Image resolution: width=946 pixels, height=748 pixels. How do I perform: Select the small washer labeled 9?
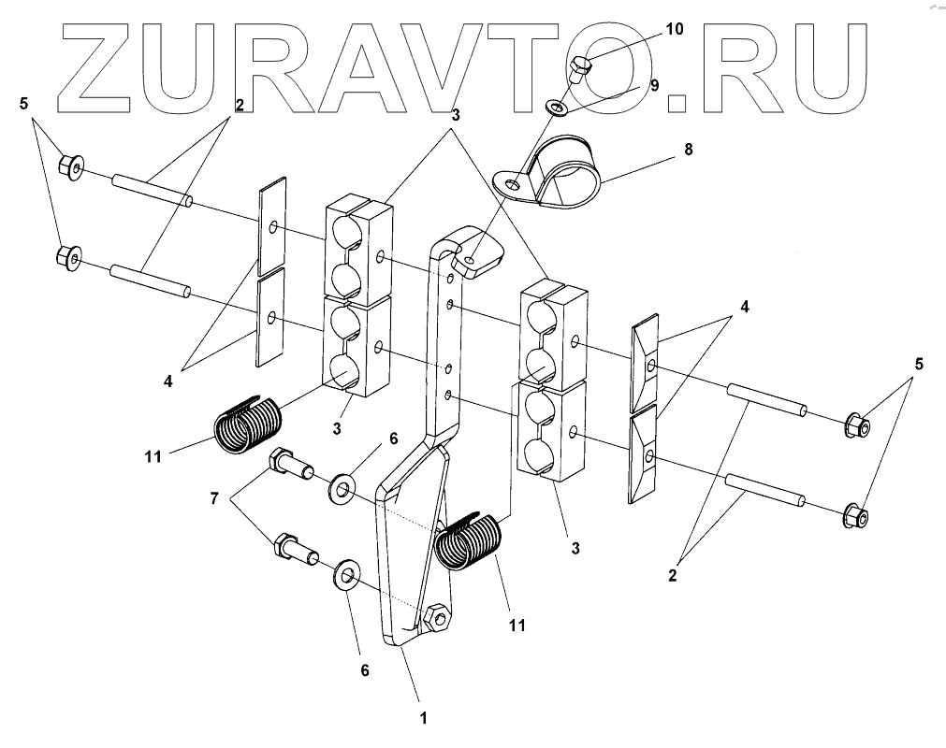pyautogui.click(x=560, y=109)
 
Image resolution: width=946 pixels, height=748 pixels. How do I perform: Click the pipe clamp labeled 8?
pyautogui.click(x=561, y=173)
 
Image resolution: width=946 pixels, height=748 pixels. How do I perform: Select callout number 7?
pyautogui.click(x=213, y=498)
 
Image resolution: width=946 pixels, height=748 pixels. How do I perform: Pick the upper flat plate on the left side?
pyautogui.click(x=271, y=224)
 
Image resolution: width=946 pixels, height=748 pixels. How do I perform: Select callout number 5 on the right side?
pyautogui.click(x=918, y=365)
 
